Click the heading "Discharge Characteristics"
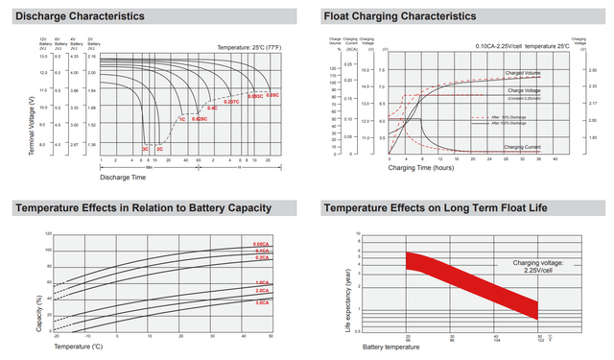tap(80, 16)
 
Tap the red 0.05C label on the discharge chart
tap(272, 95)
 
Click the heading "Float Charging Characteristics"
tap(399, 16)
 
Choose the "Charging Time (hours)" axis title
tap(423, 168)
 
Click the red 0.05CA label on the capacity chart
tap(261, 245)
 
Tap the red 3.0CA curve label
tap(261, 302)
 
